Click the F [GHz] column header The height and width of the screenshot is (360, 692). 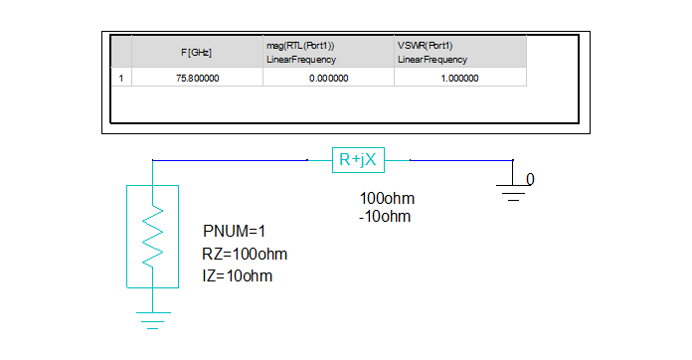tap(196, 52)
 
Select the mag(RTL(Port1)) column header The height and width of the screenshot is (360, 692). tap(328, 52)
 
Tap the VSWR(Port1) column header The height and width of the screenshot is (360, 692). tap(459, 52)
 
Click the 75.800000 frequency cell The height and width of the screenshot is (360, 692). tap(197, 79)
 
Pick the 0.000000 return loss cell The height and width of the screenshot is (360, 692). tap(328, 79)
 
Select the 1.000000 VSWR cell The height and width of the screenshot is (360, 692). tap(458, 79)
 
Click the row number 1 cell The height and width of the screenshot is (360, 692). tap(120, 79)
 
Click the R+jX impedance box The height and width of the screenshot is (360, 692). tap(357, 158)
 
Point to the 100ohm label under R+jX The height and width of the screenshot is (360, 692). tap(387, 197)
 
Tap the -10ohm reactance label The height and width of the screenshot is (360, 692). tap(385, 215)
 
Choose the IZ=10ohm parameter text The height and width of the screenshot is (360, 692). tap(237, 274)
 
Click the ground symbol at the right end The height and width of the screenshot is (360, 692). tap(514, 190)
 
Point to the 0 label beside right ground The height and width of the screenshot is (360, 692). tap(530, 179)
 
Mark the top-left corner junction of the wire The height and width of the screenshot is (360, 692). tap(151, 159)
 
